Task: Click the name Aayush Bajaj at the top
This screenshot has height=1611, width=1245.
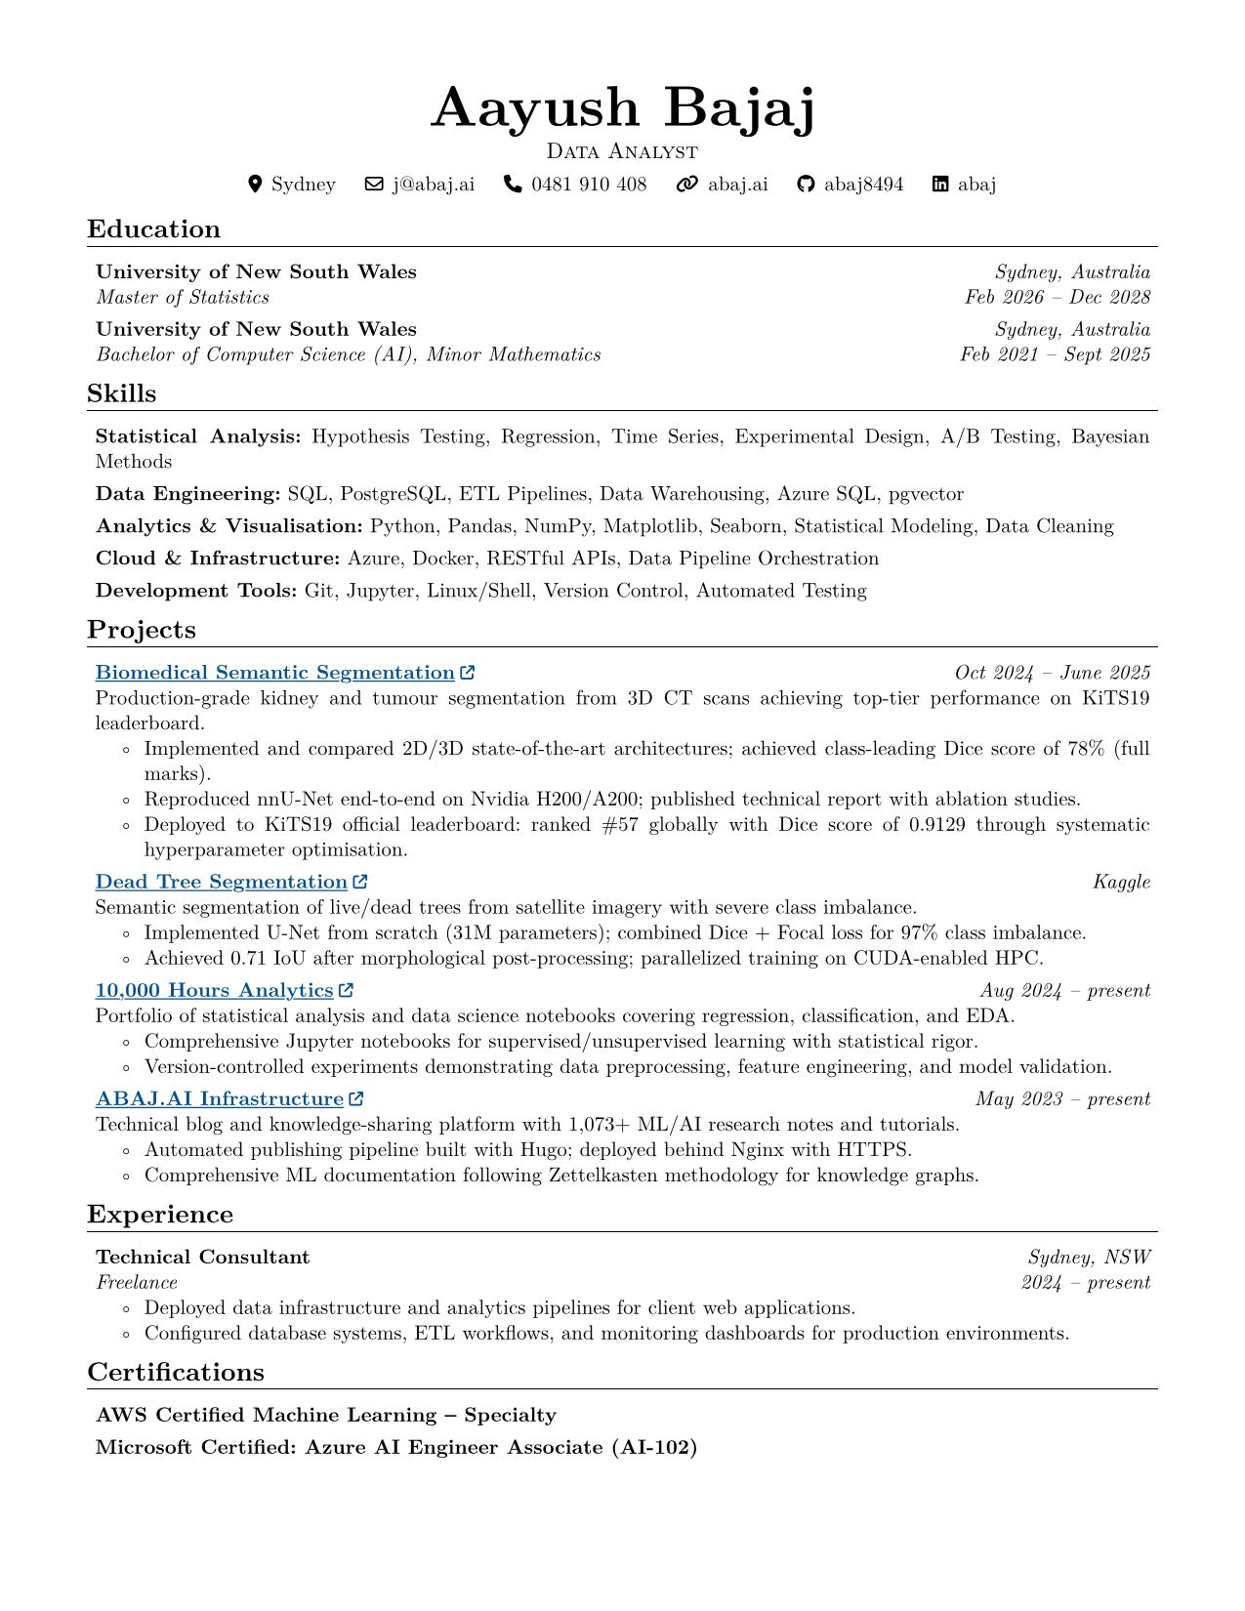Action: point(622,107)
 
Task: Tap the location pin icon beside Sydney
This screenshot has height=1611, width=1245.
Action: point(256,184)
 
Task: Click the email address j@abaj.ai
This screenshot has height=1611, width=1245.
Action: point(434,184)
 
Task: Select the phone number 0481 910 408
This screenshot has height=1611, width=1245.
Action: point(589,184)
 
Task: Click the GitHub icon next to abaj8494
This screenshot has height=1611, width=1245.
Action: point(806,184)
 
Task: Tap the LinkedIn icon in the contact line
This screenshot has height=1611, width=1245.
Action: point(940,184)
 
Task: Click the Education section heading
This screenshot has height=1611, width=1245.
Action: point(153,229)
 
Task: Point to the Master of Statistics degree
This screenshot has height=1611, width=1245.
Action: point(183,297)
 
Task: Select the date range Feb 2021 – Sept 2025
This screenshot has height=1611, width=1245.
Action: point(1055,354)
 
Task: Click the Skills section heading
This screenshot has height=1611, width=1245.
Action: point(122,393)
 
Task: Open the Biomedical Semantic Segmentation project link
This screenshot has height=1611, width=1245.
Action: point(274,673)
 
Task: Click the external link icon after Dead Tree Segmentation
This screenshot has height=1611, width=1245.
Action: point(360,882)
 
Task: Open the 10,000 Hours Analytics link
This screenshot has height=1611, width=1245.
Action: point(215,990)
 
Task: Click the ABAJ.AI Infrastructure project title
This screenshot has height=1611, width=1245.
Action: point(220,1099)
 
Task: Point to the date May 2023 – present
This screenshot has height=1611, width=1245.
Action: point(1062,1099)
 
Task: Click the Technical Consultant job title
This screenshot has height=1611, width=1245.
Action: point(202,1257)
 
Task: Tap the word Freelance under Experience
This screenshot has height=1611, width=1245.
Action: point(137,1282)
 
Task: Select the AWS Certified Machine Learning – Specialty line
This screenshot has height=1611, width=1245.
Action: point(326,1415)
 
